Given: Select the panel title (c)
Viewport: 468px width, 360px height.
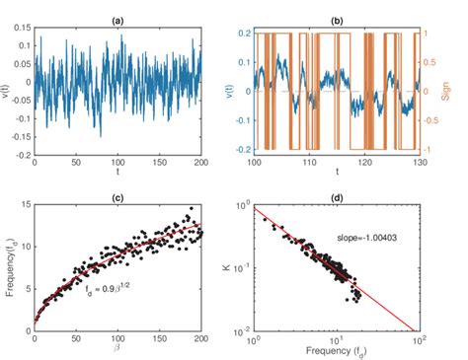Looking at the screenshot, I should point(117,197).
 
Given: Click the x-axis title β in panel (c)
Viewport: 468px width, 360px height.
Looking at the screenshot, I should point(117,345).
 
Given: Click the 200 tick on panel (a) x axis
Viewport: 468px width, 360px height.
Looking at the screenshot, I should point(197,161).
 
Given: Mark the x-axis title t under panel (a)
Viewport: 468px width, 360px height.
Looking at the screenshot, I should point(117,170).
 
